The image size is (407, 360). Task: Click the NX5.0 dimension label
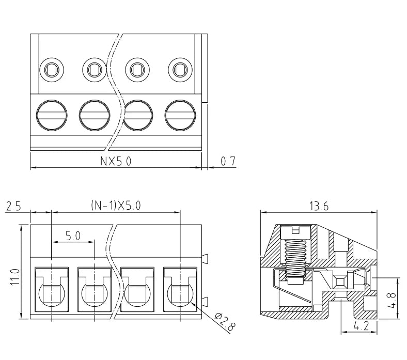tap(116, 161)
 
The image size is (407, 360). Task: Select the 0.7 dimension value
tap(228, 161)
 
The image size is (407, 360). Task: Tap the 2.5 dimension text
tap(13, 207)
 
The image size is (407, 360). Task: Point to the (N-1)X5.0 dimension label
tap(116, 205)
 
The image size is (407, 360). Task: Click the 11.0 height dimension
tap(15, 277)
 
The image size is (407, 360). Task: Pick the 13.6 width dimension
tap(319, 206)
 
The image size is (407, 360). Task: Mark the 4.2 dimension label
tap(361, 326)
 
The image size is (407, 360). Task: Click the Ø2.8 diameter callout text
tap(225, 322)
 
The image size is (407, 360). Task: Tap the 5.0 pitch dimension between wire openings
tap(73, 236)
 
